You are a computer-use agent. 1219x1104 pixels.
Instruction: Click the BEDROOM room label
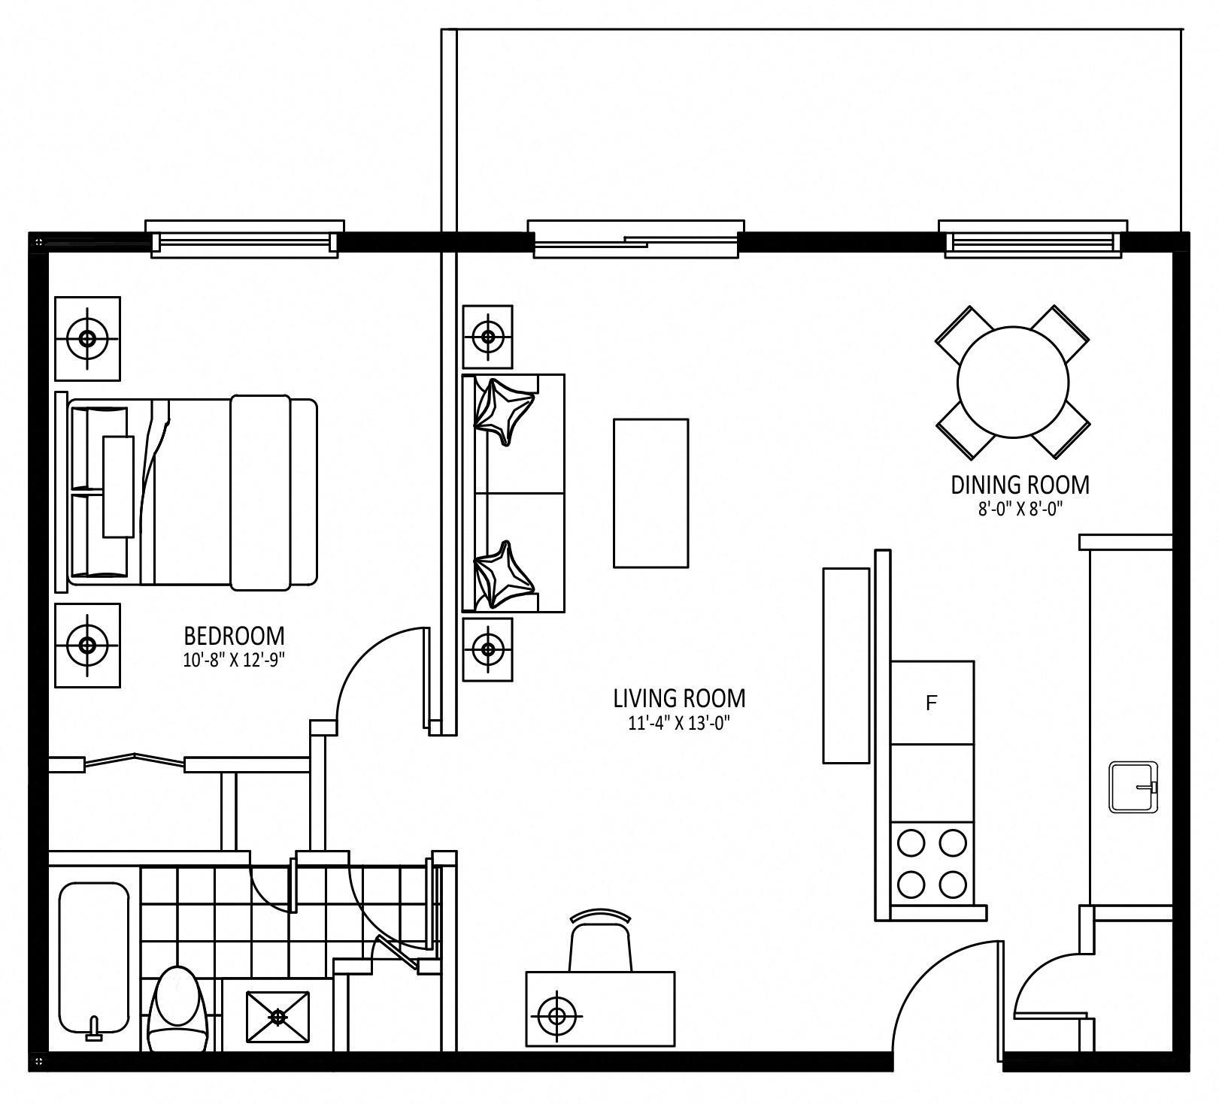[235, 636]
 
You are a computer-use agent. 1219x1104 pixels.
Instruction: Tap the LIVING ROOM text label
[679, 698]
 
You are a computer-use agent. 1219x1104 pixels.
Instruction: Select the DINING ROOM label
[1020, 485]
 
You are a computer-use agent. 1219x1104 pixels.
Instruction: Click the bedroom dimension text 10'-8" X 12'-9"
[235, 660]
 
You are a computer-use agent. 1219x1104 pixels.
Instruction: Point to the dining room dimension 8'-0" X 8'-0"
[1020, 510]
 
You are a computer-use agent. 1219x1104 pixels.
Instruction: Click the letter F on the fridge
[932, 703]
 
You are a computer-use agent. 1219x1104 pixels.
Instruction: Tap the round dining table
[1013, 382]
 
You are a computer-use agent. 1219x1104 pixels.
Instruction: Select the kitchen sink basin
[1133, 787]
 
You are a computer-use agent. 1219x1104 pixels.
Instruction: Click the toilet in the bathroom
[178, 1009]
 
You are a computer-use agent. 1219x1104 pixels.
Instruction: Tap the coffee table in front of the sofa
[650, 493]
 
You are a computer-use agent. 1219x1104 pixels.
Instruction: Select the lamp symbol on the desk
[557, 1017]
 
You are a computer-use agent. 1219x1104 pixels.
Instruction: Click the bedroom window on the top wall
[244, 240]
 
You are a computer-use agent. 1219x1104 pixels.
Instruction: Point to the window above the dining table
[1033, 240]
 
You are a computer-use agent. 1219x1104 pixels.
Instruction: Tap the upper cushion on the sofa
[505, 413]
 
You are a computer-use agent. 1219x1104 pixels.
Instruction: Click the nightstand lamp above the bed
[87, 338]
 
